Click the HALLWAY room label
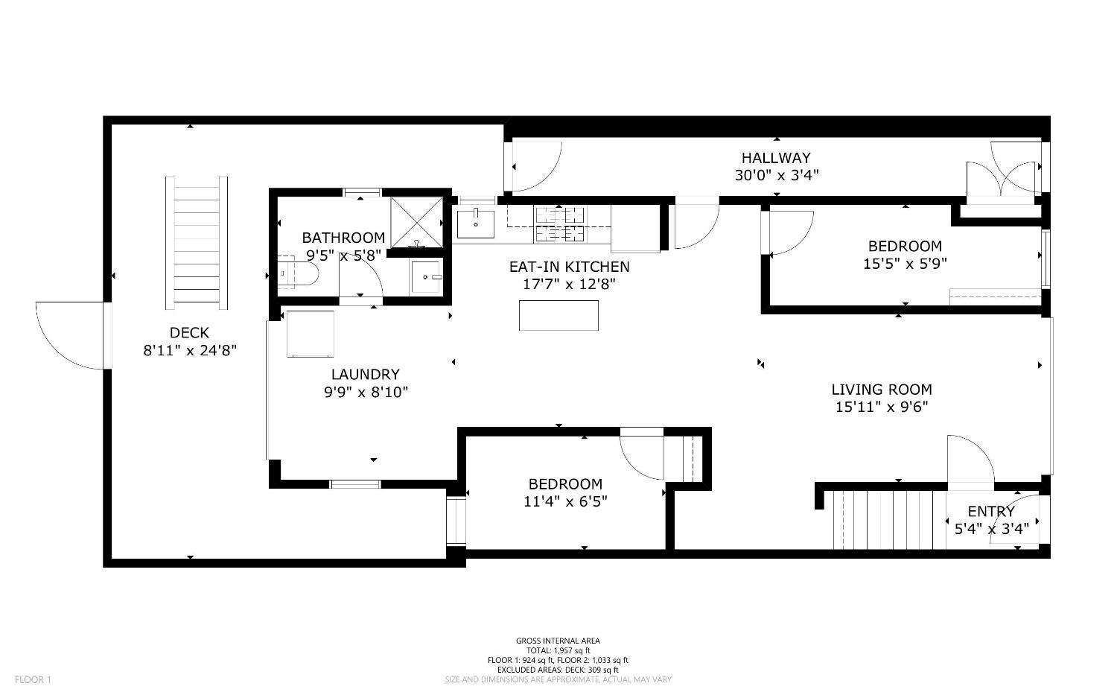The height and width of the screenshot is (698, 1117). coord(777,158)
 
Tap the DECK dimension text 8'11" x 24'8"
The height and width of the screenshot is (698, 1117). coord(190,351)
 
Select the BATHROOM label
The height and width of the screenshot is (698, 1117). coord(343,238)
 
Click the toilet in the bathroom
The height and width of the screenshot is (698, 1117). coord(297,273)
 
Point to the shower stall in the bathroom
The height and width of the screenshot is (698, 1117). coord(416,222)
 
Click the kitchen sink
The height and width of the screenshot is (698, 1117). coord(476,223)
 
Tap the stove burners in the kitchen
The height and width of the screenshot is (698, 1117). coord(559,224)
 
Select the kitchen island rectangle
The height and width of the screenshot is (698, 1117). coord(558,315)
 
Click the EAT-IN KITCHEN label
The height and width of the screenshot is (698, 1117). coord(570,267)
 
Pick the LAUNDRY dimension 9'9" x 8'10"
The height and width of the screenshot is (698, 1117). coord(366,392)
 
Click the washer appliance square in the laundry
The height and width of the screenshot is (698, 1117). coord(311,334)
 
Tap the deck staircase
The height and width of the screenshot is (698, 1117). coord(197,243)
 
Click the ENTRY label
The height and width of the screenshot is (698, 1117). coord(991,512)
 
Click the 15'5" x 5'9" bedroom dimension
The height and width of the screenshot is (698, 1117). coord(905,264)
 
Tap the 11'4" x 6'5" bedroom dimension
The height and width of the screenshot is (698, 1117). coord(565,501)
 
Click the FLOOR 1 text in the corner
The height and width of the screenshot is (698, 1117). coord(33,679)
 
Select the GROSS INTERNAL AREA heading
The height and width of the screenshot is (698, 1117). coord(558,641)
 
